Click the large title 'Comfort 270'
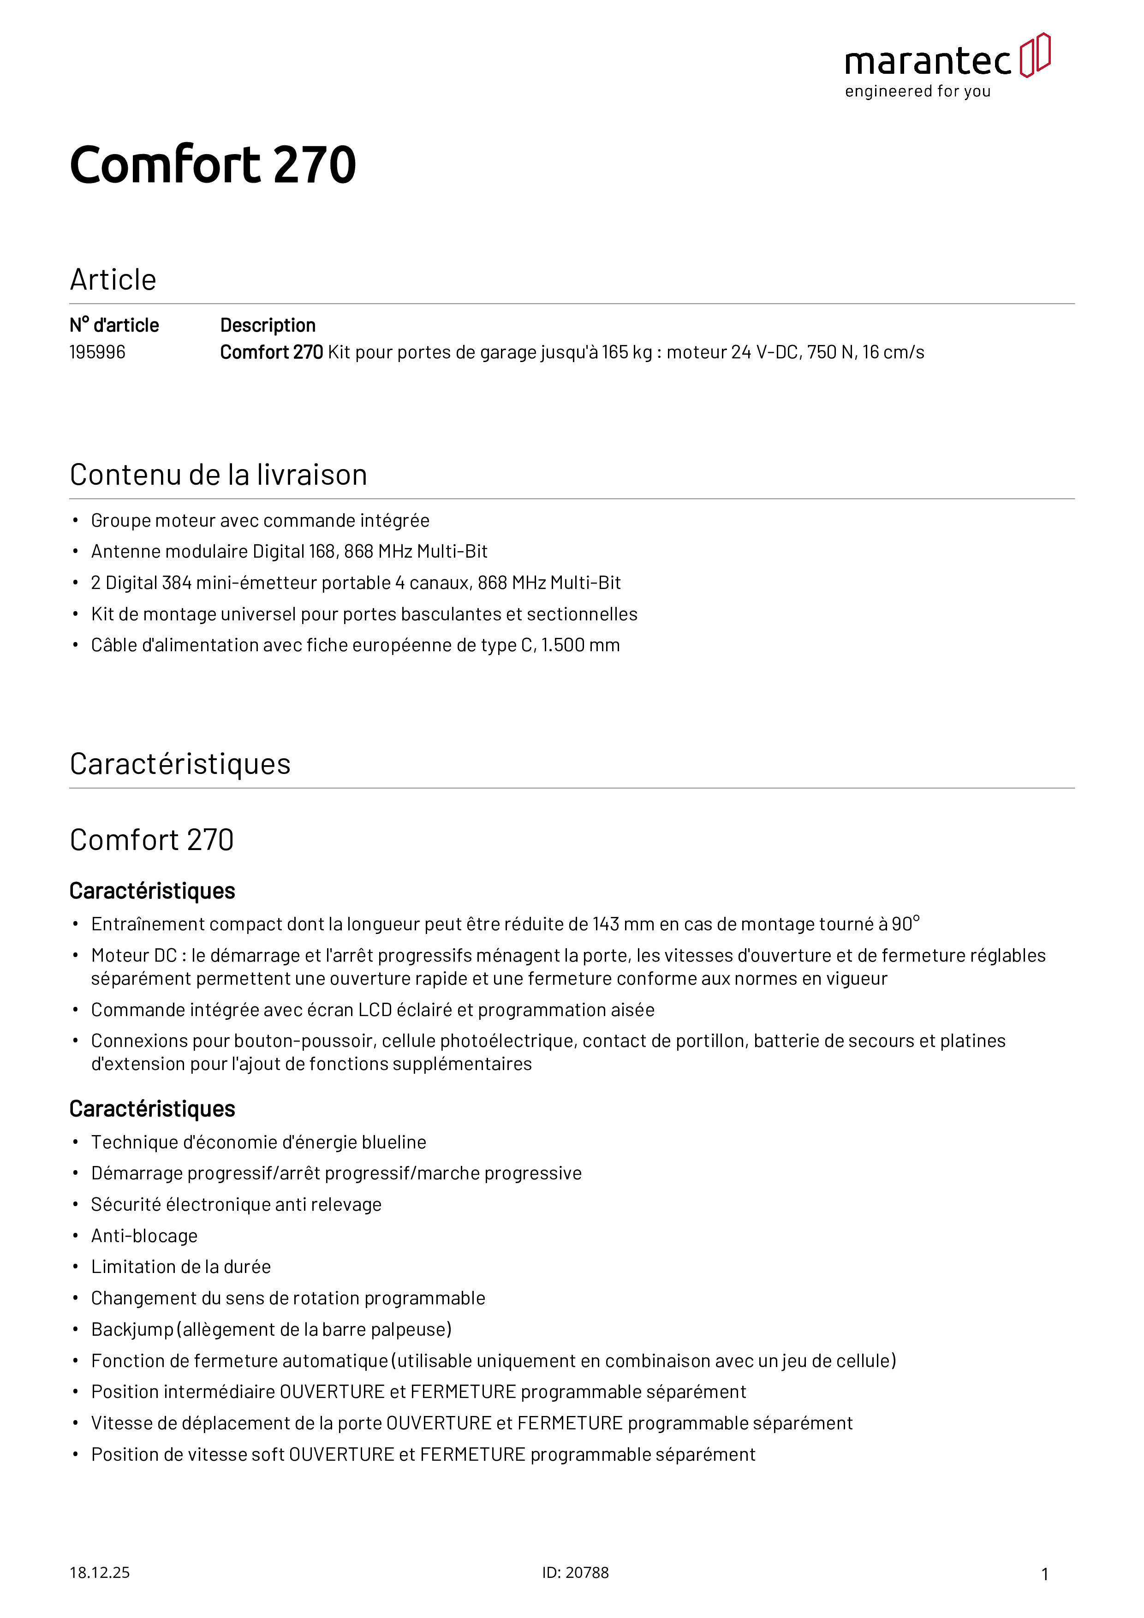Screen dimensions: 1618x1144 point(213,165)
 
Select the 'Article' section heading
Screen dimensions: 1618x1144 point(113,280)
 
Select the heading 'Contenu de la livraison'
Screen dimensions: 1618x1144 point(219,475)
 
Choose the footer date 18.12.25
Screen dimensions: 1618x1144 point(99,1572)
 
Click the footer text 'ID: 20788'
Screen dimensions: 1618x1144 point(575,1572)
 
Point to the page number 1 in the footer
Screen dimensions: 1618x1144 point(1045,1574)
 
